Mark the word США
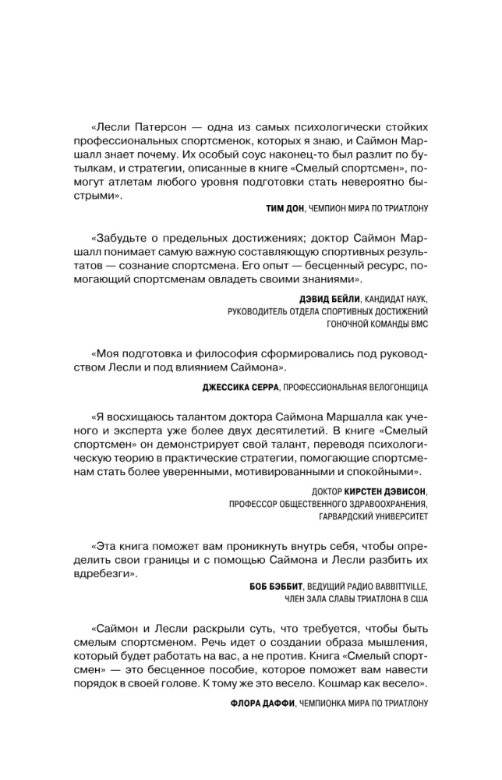tap(417, 599)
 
